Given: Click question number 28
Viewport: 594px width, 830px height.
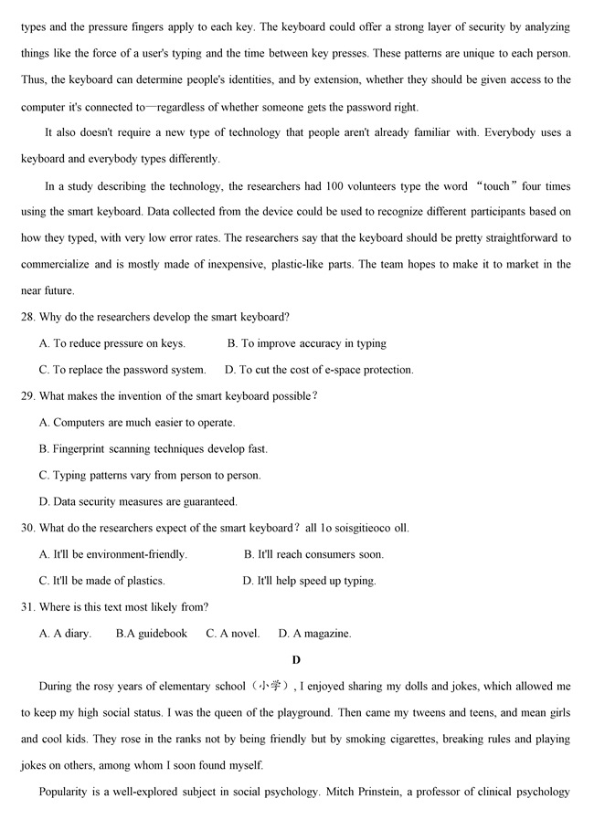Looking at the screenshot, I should [28, 317].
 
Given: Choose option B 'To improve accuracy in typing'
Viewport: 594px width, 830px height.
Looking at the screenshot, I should [307, 343].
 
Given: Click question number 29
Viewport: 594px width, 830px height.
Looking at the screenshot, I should [28, 396].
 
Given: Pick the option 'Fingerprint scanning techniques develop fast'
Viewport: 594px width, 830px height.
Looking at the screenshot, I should [154, 449].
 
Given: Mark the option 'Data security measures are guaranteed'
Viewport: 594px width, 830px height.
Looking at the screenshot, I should [138, 501].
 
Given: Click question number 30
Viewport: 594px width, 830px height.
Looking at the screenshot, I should [28, 528].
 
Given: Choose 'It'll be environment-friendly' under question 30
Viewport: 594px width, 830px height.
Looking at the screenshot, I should [113, 554].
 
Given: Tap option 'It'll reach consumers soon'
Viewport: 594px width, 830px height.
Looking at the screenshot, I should [313, 554].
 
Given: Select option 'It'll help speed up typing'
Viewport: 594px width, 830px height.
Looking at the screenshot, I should [309, 581].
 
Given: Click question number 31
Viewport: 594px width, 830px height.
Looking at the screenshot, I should [28, 606].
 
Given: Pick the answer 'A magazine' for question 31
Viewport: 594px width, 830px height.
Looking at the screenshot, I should [314, 633].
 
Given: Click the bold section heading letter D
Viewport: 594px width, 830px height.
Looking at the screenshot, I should [296, 659].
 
